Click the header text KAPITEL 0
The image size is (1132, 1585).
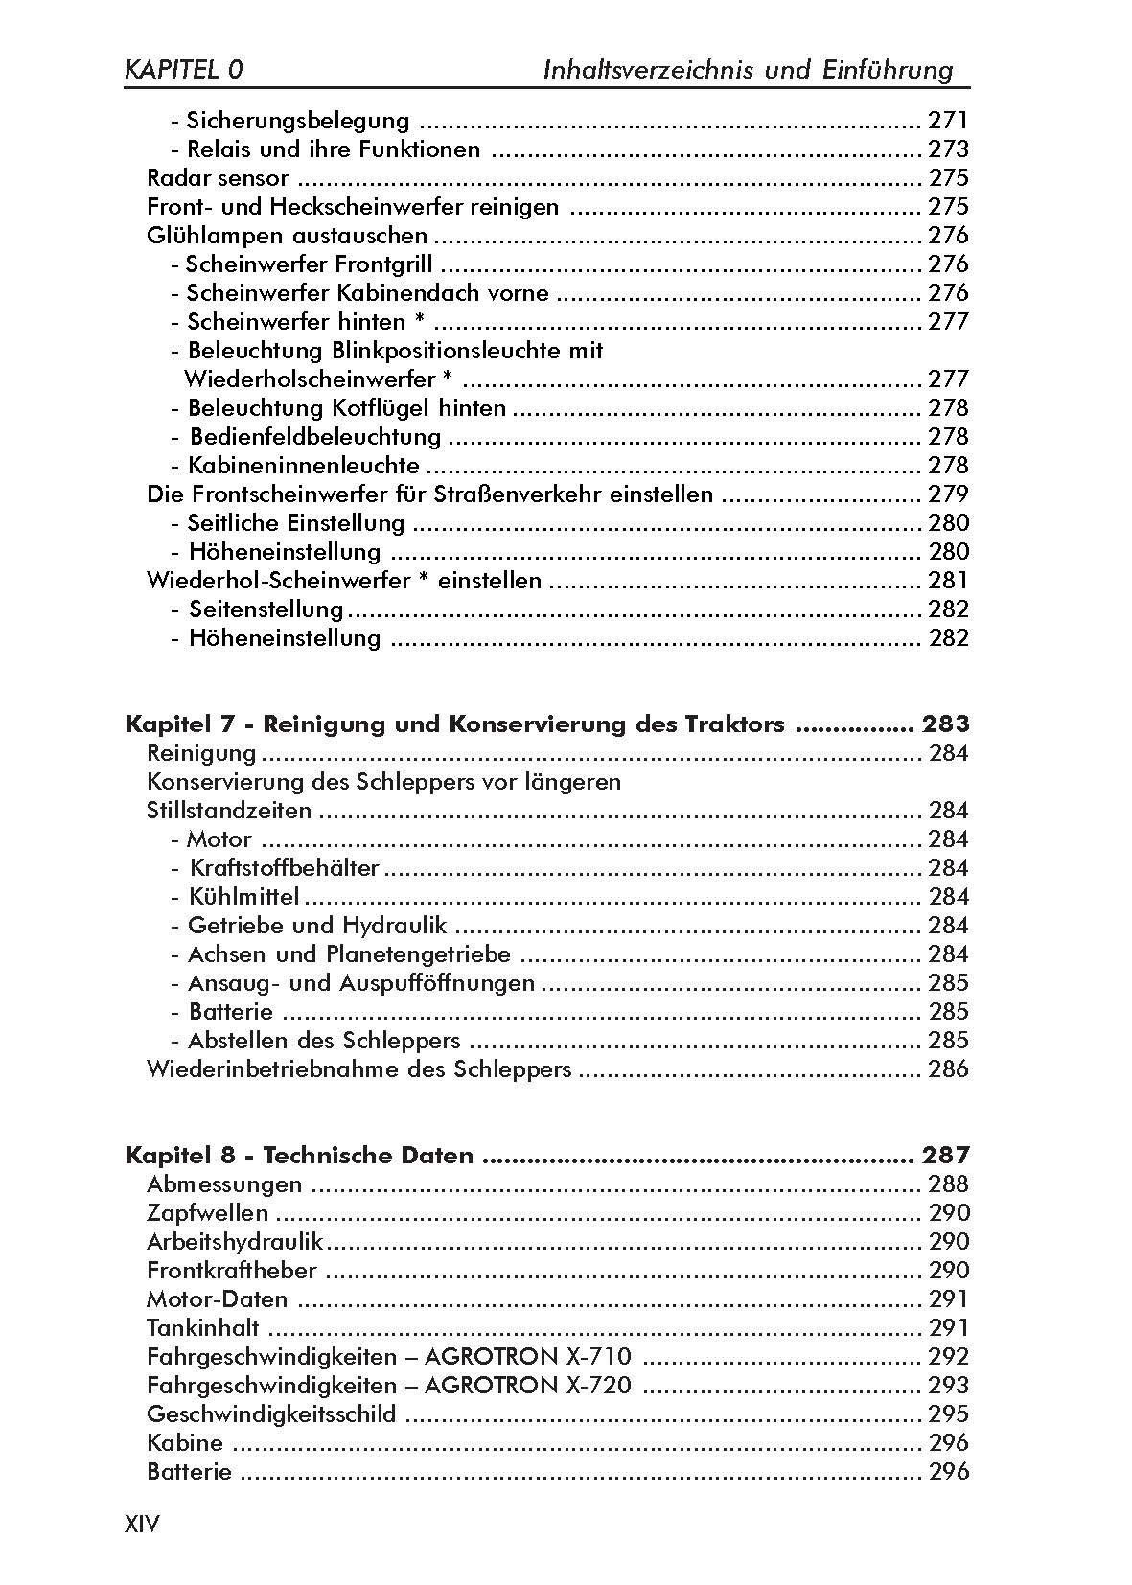[x=183, y=69]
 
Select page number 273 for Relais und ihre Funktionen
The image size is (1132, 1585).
[x=948, y=149]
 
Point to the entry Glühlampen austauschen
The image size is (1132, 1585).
[x=287, y=236]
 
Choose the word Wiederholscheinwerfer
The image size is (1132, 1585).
[x=303, y=379]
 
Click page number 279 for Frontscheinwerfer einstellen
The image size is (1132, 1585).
[x=948, y=494]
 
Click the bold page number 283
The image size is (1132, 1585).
[x=944, y=724]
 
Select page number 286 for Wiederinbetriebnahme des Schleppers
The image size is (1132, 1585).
[x=948, y=1069]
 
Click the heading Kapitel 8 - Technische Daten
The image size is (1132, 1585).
[x=299, y=1155]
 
